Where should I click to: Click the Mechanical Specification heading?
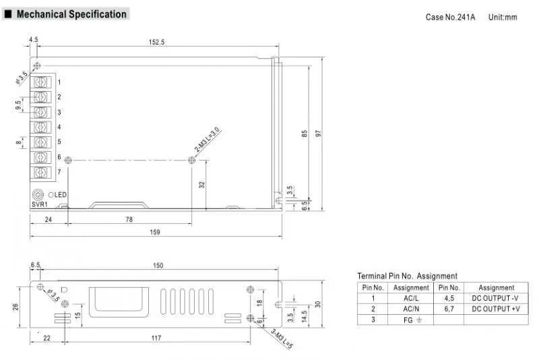coord(71,14)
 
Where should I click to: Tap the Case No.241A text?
coord(450,17)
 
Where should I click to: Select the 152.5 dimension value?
coord(156,42)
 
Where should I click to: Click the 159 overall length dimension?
coord(156,232)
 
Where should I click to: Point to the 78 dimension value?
coord(129,218)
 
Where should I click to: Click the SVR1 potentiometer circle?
coord(38,194)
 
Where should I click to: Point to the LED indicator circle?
coord(51,195)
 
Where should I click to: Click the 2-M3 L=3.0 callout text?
coord(207,140)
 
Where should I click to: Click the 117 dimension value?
coord(155,337)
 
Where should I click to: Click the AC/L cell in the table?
coord(410,298)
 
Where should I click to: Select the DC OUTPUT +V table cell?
coord(496,309)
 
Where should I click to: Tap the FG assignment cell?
coord(410,320)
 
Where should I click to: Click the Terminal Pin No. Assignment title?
coord(407,276)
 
